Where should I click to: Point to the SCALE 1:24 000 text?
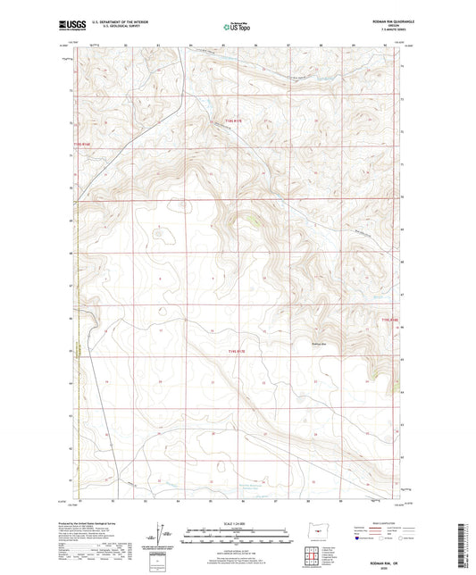[x=238, y=523]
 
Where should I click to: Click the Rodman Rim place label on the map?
[x=320, y=340]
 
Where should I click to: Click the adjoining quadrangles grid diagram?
[x=314, y=550]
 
